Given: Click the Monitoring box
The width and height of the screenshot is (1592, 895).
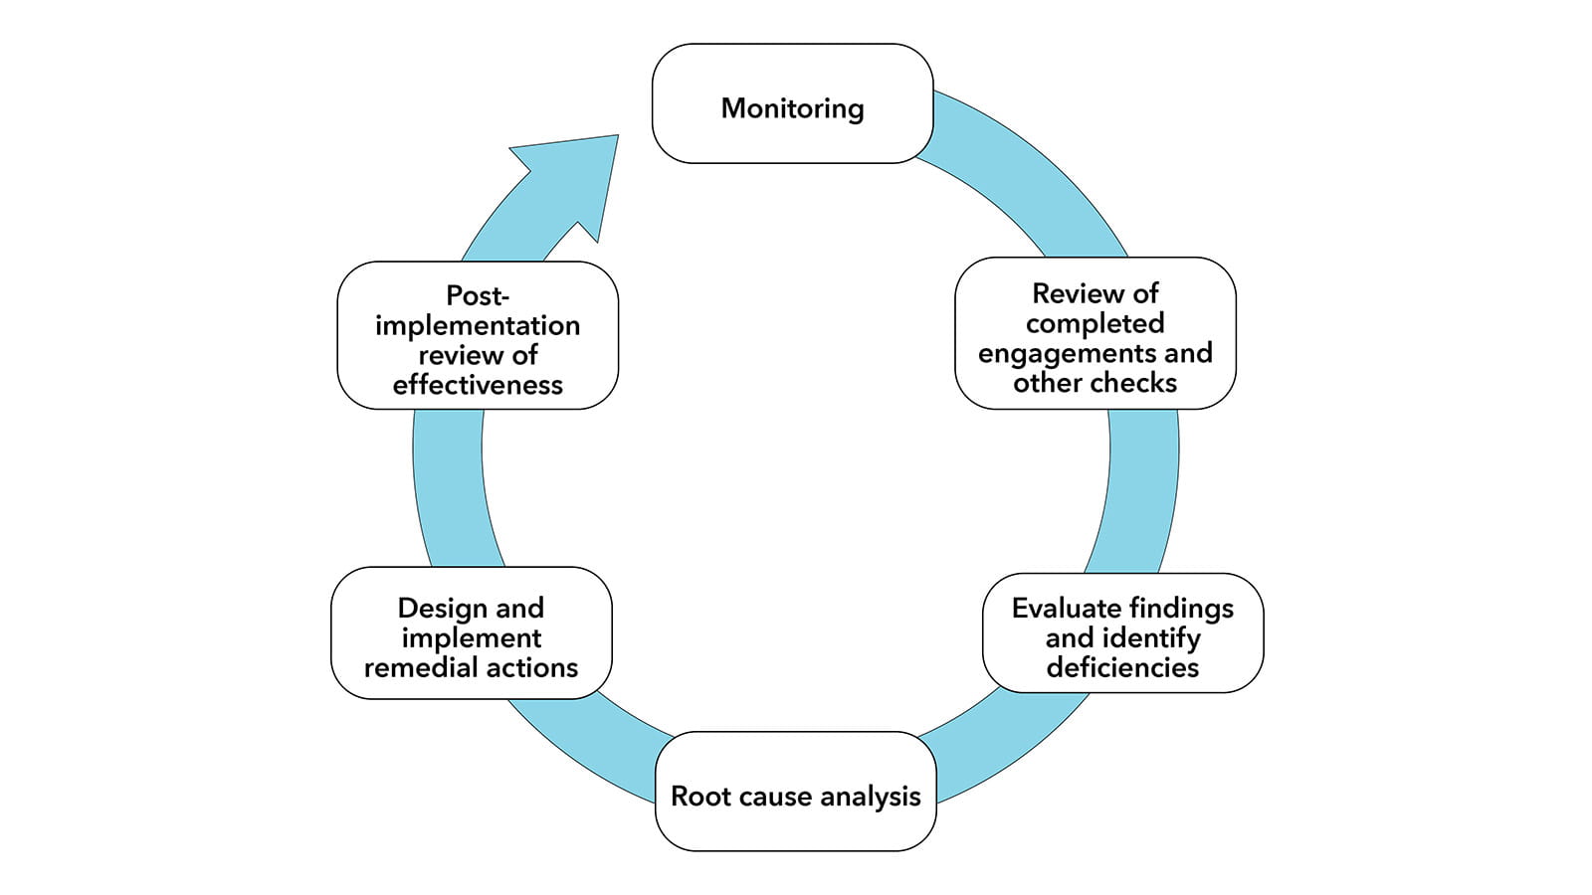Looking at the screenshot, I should [x=792, y=103].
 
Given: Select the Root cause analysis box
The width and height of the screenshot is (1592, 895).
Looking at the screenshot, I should [x=795, y=793].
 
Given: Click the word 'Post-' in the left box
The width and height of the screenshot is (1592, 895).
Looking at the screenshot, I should [x=478, y=296].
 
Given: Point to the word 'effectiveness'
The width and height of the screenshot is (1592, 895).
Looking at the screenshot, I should [x=478, y=385].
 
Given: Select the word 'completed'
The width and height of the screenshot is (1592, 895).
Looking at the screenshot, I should [x=1094, y=323].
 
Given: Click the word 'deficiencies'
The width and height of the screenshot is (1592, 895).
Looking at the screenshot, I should [x=1122, y=667].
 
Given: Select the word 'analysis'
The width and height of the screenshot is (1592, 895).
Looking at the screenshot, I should [x=871, y=797].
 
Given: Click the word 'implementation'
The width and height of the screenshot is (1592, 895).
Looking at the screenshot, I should [x=478, y=326].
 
